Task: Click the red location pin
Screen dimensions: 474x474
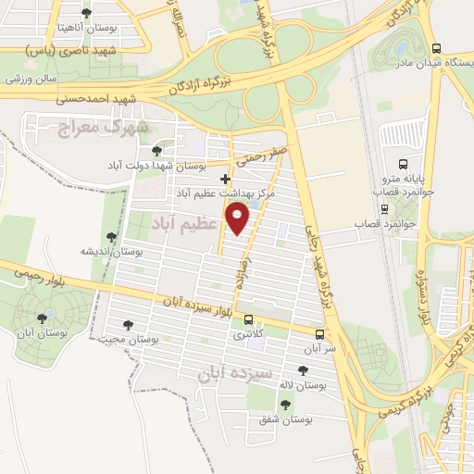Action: click(x=240, y=218)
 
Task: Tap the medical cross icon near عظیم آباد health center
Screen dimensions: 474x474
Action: click(x=226, y=179)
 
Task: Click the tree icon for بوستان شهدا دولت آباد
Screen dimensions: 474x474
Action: click(x=157, y=148)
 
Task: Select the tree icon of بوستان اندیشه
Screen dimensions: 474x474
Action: click(x=112, y=236)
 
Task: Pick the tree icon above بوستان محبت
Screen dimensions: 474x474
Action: click(x=128, y=325)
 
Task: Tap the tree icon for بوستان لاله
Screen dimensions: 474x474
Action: click(x=287, y=369)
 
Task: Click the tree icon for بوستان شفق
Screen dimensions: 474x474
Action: click(x=283, y=404)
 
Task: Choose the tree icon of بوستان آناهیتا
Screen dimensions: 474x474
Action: click(x=87, y=13)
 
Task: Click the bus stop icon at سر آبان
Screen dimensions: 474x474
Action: click(x=320, y=334)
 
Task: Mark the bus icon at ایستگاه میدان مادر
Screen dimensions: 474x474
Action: click(x=437, y=49)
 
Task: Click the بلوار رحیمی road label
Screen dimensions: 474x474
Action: click(x=38, y=271)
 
